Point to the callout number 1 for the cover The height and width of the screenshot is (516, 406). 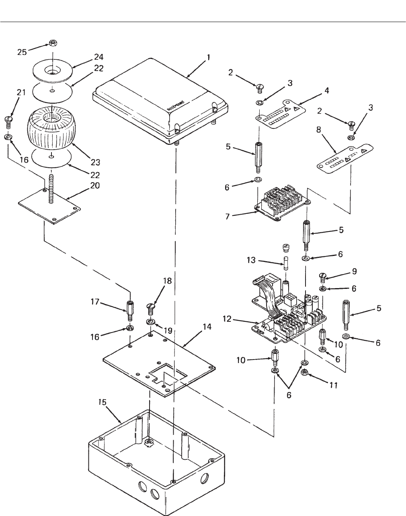coord(208,58)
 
